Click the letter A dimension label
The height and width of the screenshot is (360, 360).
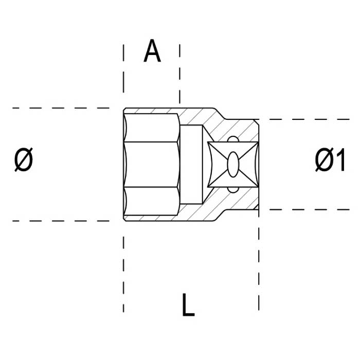point(152,51)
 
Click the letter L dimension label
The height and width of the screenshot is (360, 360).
point(188,304)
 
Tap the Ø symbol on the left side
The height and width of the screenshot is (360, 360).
point(24,159)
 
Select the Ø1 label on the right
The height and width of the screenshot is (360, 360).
point(330,159)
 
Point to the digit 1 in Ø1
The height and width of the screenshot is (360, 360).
point(341,159)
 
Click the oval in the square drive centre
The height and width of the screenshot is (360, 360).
point(233,165)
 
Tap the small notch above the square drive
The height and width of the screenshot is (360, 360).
point(233,139)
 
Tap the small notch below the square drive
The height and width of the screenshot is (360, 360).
point(233,190)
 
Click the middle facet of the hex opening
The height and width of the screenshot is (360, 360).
point(152,165)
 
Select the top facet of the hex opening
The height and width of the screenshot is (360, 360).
point(152,128)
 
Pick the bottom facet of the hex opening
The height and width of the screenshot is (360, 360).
point(152,201)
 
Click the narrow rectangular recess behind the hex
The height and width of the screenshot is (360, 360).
point(191,165)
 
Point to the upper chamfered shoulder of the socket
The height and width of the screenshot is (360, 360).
point(221,114)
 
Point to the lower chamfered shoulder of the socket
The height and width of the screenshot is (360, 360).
point(221,215)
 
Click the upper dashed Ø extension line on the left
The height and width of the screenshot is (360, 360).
point(61,108)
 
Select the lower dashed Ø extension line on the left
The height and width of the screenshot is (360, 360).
point(61,221)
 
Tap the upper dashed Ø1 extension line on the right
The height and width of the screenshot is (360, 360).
point(310,119)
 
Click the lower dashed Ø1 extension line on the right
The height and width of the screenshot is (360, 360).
point(310,209)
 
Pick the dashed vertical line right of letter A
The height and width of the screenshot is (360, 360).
point(180,74)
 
